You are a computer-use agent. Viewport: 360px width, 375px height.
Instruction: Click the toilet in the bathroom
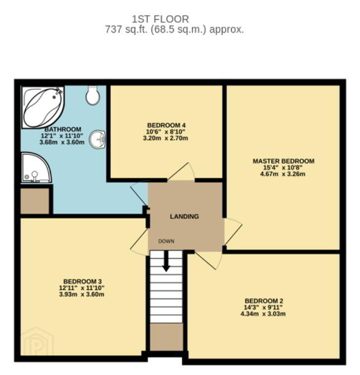coord(93,95)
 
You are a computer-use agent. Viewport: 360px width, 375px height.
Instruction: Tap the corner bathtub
coord(43,107)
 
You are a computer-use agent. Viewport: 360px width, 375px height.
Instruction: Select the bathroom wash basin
coord(98,139)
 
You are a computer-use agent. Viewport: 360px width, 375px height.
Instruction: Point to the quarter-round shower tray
coord(36,167)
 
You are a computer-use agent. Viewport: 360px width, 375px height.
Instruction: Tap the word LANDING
coord(184,216)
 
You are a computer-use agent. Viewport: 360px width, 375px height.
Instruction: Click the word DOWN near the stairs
coord(166,241)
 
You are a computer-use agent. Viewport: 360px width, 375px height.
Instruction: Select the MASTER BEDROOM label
coord(284,161)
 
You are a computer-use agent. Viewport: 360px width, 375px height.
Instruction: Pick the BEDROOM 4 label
coord(166,125)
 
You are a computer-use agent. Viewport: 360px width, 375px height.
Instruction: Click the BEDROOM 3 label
coord(83,281)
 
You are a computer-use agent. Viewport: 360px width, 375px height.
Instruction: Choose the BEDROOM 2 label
coord(264,301)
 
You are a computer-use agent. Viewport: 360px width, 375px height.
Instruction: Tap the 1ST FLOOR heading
coord(160,19)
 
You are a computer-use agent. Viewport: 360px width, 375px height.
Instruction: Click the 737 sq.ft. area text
coord(125,30)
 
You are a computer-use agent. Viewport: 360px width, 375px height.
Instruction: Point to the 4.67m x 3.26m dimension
coord(283,174)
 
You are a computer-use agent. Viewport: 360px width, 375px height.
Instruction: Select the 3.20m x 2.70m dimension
coord(165,138)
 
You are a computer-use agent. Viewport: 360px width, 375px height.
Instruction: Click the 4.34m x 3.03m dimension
coord(263,314)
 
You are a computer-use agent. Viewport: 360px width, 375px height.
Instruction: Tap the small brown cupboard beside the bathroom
coord(35,201)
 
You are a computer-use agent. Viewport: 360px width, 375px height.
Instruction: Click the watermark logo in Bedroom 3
coord(37,341)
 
